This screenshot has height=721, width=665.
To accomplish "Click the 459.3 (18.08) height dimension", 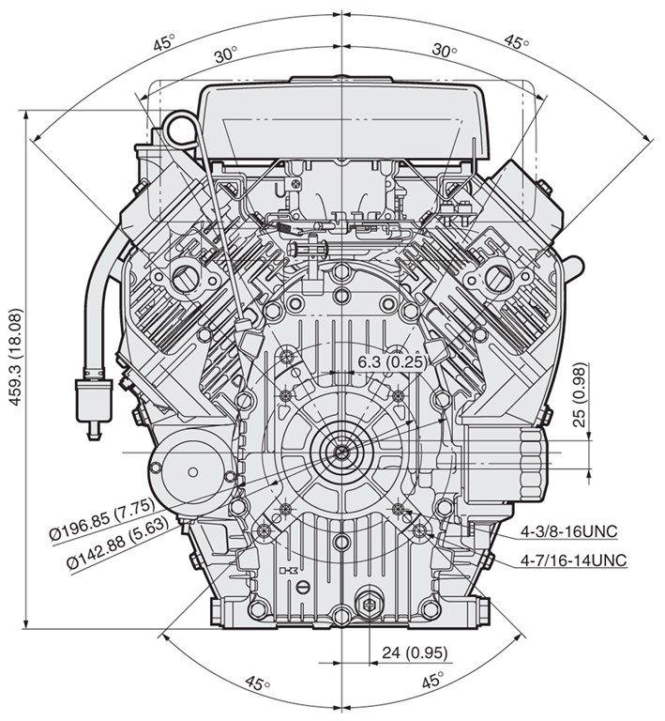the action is pos(16,357).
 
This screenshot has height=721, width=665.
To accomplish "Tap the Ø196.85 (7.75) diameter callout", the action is pos(102,519).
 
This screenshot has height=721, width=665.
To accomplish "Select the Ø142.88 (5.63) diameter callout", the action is pos(118,545).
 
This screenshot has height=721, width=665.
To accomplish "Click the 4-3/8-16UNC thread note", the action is pos(568,531).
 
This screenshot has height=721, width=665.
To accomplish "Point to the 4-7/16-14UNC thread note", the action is pos(573,560).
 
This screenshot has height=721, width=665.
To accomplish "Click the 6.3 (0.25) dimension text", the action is pos(390,361).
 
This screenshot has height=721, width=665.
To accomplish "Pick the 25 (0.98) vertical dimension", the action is pos(581,395).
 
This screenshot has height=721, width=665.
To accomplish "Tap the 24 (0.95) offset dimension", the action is pos(415,652).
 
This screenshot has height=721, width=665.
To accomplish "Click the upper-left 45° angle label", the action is pos(164,42).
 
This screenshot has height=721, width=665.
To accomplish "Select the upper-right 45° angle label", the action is pos(517,41).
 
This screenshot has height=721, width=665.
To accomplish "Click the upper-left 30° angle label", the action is pos(226,54).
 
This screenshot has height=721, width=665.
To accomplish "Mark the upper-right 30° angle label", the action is pos(444,51).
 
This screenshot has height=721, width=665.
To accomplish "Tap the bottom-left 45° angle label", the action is pos(258,683).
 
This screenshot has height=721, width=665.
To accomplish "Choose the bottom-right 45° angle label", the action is pos(432,680).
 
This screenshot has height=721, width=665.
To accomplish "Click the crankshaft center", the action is pos(341,453).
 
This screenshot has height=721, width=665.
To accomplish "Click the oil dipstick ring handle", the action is pos(180,130).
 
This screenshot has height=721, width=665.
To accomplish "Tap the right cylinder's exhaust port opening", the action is pos(496,277).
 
